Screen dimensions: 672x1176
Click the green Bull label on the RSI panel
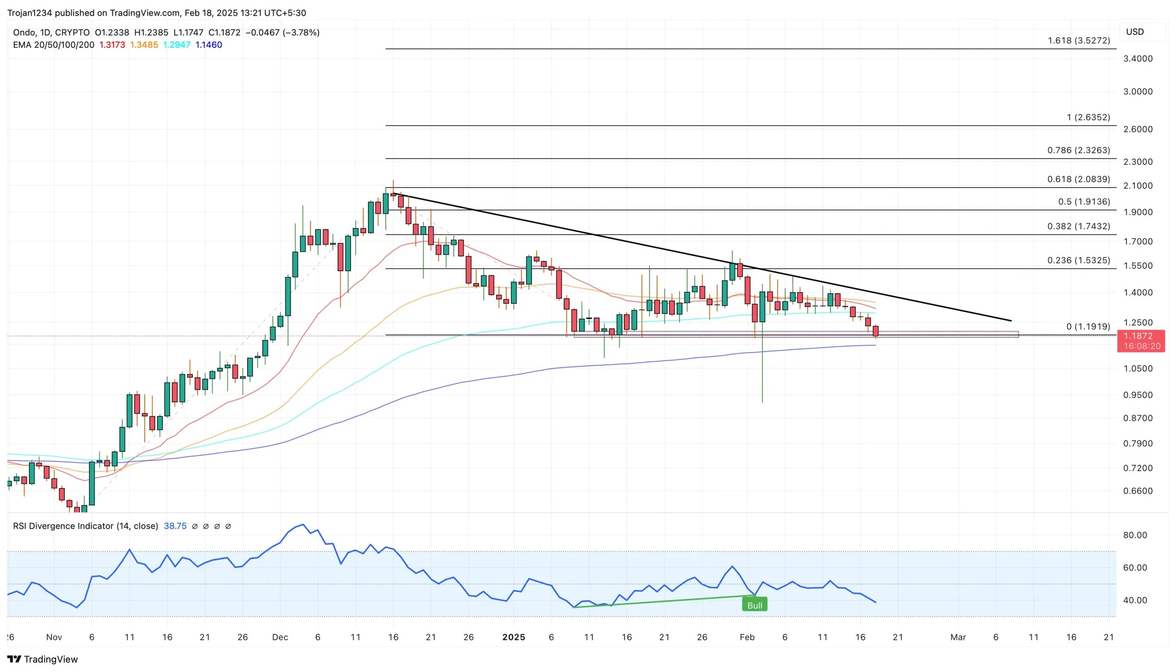click(x=754, y=605)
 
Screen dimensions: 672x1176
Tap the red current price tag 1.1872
click(x=1138, y=336)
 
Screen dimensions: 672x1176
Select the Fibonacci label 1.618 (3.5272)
click(x=1078, y=40)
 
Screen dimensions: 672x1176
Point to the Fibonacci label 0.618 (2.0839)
click(x=1078, y=179)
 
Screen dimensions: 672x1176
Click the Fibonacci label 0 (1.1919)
click(x=1087, y=327)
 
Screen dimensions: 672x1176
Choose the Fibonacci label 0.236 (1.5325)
click(x=1078, y=260)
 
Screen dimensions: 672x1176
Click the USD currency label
click(x=1135, y=32)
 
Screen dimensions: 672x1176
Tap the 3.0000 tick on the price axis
click(x=1137, y=91)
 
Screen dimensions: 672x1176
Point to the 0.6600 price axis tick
click(x=1137, y=490)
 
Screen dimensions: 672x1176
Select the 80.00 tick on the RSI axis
click(x=1135, y=535)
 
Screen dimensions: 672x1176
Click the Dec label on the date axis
click(x=280, y=637)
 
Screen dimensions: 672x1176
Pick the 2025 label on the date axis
click(x=513, y=637)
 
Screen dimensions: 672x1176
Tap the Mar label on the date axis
click(x=957, y=637)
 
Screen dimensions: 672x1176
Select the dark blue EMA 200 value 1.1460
click(x=209, y=45)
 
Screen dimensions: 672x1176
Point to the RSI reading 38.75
click(x=175, y=526)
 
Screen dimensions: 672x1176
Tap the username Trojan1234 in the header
click(x=30, y=13)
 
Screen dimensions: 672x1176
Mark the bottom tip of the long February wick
click(x=762, y=402)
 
